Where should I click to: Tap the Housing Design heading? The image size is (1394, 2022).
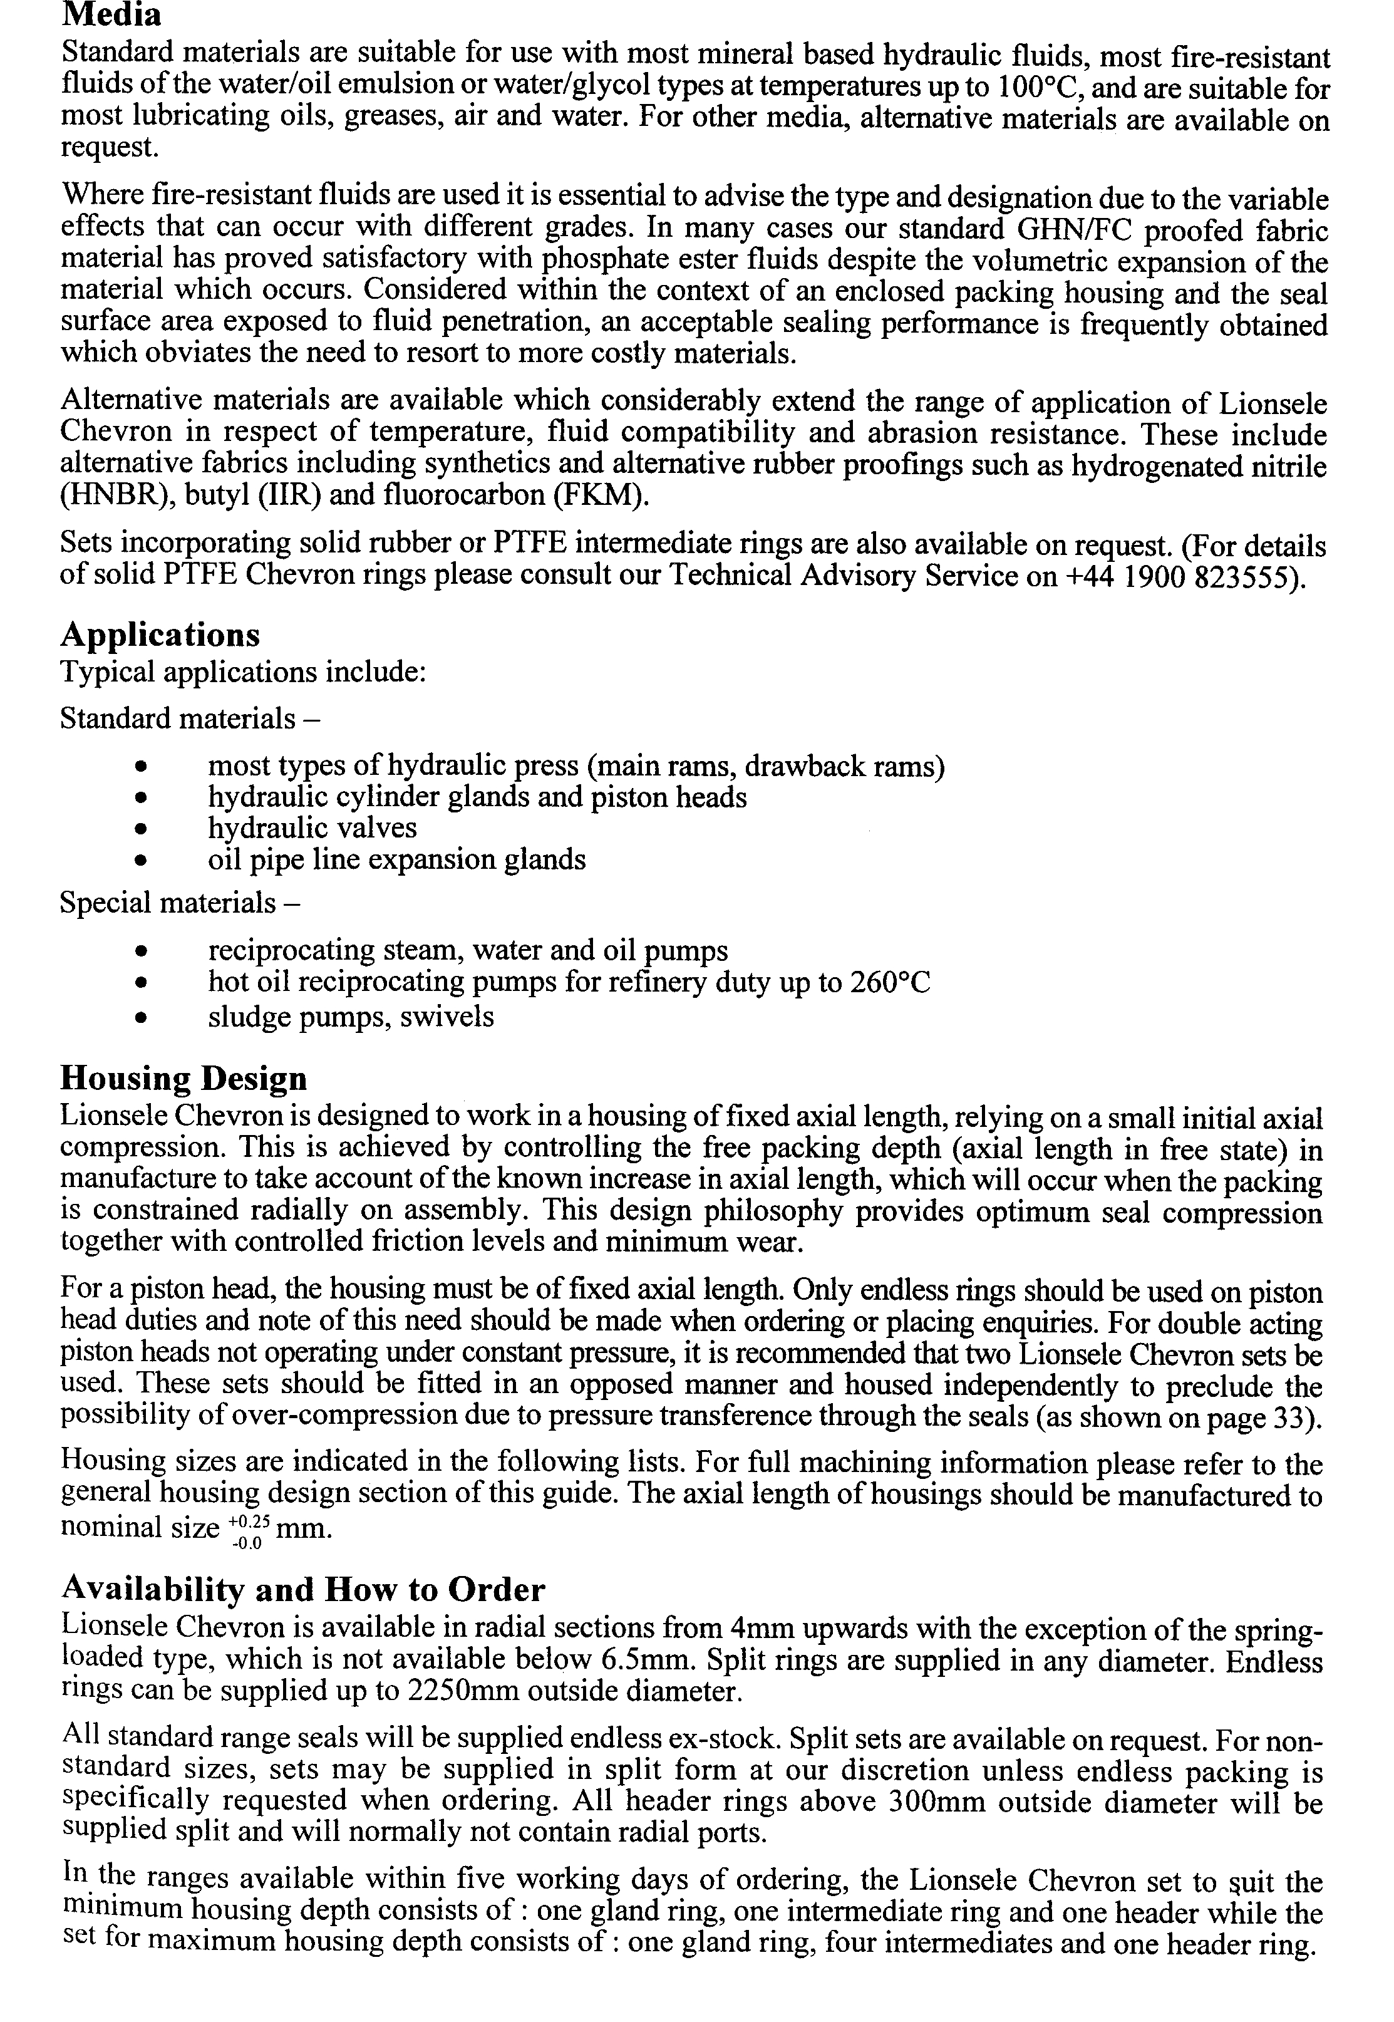183,1079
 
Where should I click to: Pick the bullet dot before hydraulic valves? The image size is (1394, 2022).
139,829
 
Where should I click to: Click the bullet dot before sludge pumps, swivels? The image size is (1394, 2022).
139,1017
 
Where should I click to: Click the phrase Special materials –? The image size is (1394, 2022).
179,902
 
